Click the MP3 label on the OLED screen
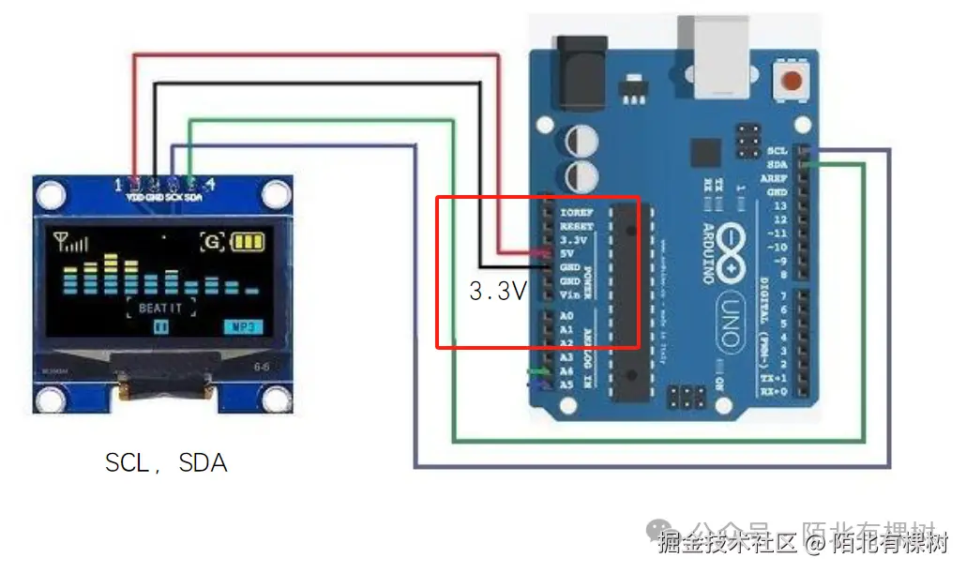point(243,327)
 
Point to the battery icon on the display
point(249,242)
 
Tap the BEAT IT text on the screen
point(160,308)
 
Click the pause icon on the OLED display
point(161,327)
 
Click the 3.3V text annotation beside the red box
point(497,292)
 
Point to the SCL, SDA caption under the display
point(166,462)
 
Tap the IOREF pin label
point(576,213)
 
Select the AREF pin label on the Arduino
point(774,178)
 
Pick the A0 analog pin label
point(566,317)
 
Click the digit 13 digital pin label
point(778,205)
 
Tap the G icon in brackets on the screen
point(213,242)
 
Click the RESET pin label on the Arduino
point(576,226)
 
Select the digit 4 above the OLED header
point(211,184)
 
